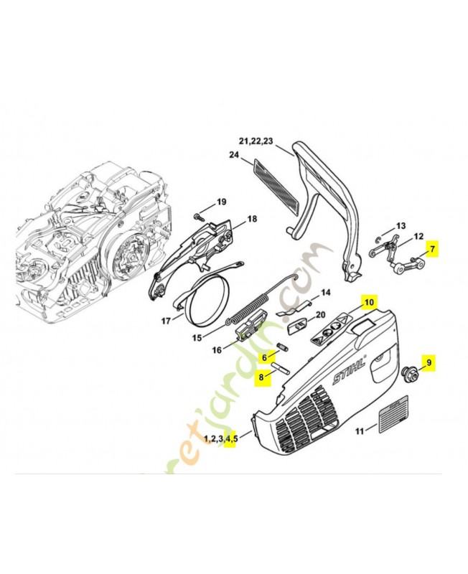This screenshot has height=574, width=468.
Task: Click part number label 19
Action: coord(221,202)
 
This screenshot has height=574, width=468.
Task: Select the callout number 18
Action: coord(252,219)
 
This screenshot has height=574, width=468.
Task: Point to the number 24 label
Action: coord(234,155)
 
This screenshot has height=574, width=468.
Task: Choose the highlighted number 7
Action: coord(432,250)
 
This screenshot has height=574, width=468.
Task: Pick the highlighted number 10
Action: coord(368,303)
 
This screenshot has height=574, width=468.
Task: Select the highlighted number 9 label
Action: coord(429,364)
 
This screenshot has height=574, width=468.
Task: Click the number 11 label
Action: coord(360,431)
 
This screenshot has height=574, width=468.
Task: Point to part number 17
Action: coord(167,321)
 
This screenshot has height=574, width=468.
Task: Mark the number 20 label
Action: coord(320,314)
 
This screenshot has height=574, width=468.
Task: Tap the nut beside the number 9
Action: coord(411,372)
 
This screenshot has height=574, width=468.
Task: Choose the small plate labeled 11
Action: coord(392,420)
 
